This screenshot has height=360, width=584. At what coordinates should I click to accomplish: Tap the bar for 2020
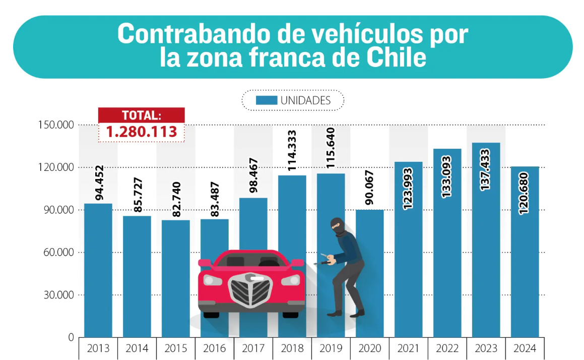369,273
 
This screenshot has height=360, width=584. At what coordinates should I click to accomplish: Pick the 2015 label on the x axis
175,348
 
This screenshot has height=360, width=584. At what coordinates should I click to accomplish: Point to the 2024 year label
525,348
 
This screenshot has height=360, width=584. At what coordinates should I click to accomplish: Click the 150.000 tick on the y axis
56,125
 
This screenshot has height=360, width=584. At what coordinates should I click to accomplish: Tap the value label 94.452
98,183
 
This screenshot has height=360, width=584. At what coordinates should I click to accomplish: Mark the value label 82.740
176,199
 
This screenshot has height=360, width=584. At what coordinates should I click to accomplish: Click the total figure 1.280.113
141,132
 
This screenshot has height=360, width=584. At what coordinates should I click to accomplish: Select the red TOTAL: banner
141,115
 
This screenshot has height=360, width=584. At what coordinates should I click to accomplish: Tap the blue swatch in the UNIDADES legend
266,100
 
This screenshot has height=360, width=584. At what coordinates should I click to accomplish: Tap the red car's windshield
251,261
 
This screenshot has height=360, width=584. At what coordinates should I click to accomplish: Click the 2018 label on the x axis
292,348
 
